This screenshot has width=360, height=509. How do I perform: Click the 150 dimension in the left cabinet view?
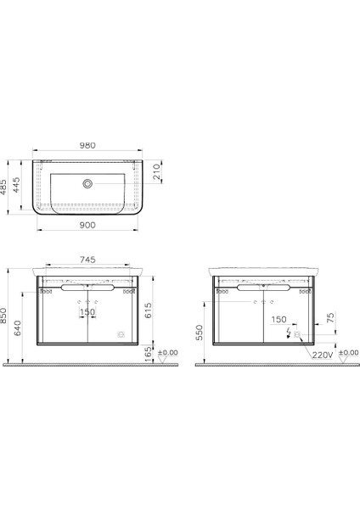(87, 312)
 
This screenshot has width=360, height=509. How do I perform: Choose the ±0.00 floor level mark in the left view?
(169, 351)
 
